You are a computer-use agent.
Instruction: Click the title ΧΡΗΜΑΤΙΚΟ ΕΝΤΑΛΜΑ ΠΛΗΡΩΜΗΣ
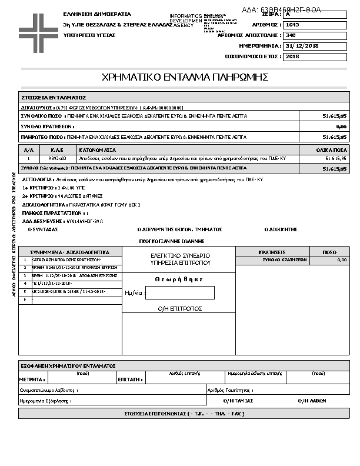click(185, 77)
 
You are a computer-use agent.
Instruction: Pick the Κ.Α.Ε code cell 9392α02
click(57, 159)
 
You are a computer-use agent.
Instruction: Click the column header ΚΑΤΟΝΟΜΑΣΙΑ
click(98, 150)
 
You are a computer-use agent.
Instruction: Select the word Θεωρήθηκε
click(179, 279)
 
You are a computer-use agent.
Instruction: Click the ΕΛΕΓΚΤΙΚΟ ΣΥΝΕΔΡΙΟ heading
click(180, 256)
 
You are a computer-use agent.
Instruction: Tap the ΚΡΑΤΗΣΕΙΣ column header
click(272, 252)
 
